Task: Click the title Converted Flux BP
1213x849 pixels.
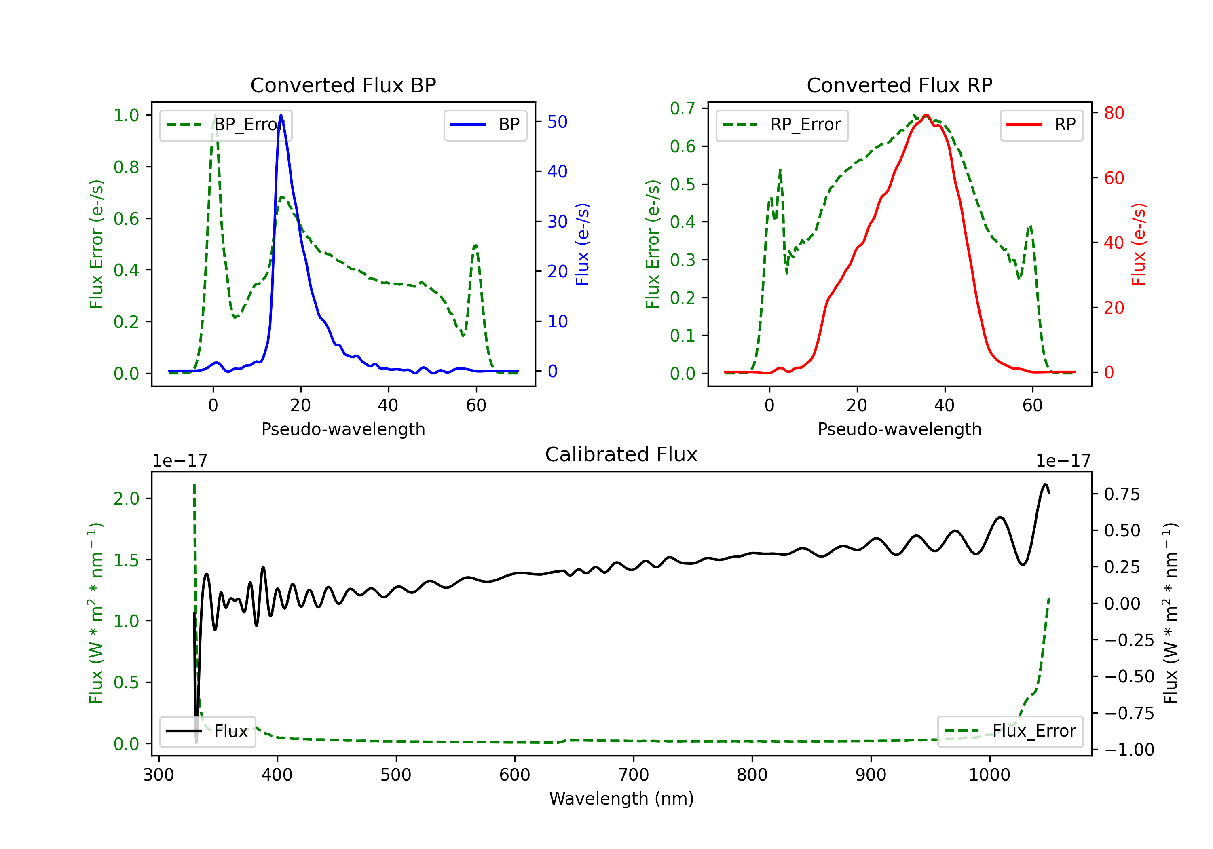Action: click(343, 85)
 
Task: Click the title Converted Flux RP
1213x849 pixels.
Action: click(899, 85)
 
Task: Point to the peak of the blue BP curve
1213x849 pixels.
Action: click(281, 115)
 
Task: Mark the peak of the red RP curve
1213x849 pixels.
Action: click(927, 115)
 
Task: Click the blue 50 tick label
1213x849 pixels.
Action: click(557, 122)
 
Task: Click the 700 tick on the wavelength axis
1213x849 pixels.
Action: click(634, 775)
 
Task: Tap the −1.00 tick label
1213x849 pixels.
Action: click(1129, 750)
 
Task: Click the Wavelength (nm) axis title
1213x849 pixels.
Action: click(621, 798)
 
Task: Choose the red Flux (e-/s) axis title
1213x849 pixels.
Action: click(1139, 244)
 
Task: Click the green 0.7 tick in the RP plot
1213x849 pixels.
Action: click(683, 108)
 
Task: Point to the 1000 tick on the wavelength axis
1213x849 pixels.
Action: click(989, 775)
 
